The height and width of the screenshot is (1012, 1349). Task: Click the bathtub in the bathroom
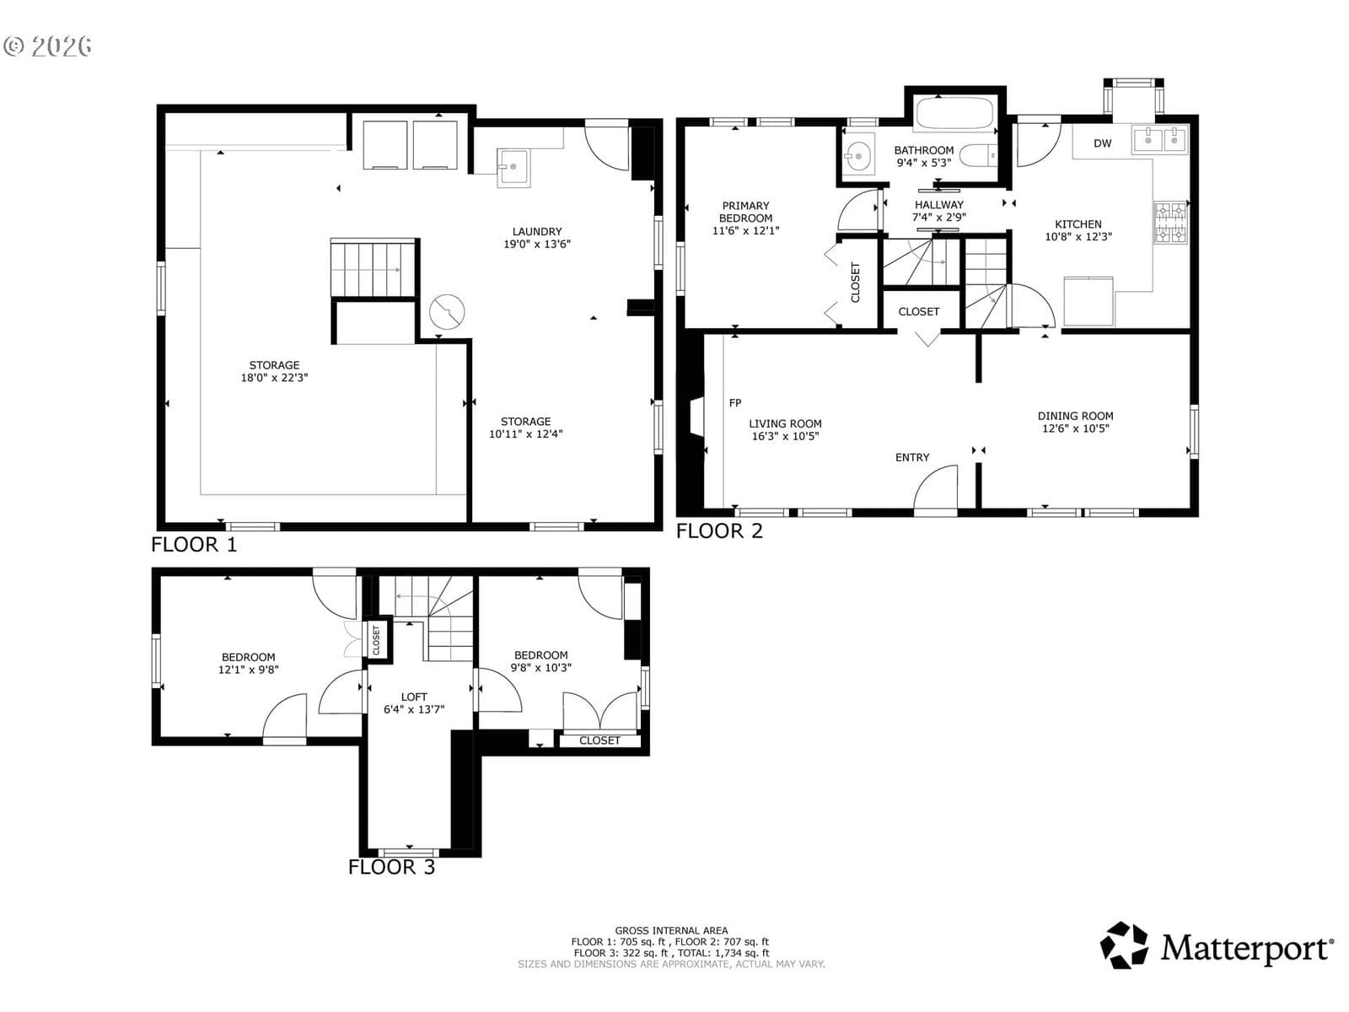point(954,114)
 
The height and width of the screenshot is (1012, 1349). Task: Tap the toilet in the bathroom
point(978,156)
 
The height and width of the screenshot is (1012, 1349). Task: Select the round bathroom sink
point(858,157)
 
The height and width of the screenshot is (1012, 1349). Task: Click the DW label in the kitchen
point(1103,143)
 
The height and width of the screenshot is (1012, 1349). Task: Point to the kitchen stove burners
point(1170,223)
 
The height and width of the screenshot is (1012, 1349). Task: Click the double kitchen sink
point(1159,139)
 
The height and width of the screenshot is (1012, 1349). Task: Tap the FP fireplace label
point(735,403)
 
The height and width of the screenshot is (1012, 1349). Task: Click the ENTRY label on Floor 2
point(912,457)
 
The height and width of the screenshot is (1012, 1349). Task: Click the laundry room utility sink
point(513,167)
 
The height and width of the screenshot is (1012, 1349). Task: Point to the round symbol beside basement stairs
point(447,312)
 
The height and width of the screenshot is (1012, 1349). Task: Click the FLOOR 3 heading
point(391,867)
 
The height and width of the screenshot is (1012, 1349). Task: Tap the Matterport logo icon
point(1124,945)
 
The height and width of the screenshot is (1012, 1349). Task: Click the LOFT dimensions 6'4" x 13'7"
point(414,709)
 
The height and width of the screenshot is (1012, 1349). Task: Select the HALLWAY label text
point(939,205)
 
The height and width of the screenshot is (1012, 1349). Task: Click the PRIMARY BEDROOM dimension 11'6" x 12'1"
point(745,231)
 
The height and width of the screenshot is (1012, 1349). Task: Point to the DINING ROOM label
point(1076,416)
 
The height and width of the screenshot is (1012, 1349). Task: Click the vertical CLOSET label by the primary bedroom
point(855,283)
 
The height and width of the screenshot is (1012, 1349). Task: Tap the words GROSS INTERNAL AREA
point(671,931)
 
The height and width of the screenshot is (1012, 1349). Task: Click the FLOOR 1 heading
point(194,545)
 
